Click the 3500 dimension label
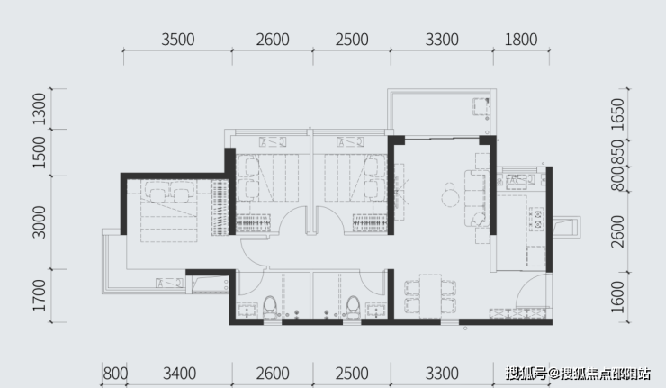click(x=178, y=40)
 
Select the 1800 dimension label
click(x=521, y=40)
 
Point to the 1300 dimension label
click(x=39, y=109)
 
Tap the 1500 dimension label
click(x=39, y=152)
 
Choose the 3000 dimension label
click(x=39, y=221)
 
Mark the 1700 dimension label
click(x=39, y=295)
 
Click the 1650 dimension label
click(x=618, y=114)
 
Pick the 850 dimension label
click(x=618, y=152)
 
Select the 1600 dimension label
click(x=618, y=297)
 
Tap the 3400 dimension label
click(x=180, y=374)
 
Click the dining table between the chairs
click(x=431, y=296)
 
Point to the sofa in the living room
click(x=476, y=198)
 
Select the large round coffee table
click(x=450, y=198)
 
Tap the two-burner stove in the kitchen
click(x=537, y=219)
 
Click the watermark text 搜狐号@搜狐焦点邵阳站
click(x=578, y=374)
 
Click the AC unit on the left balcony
click(x=169, y=283)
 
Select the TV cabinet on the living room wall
click(x=400, y=192)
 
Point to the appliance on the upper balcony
click(x=481, y=106)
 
